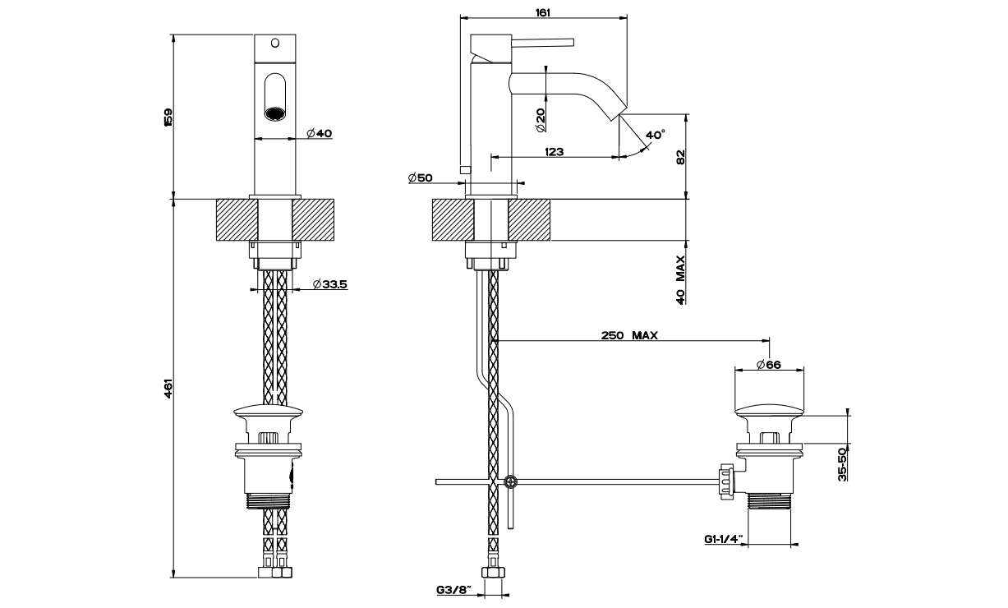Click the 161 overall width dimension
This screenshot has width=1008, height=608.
pos(542,12)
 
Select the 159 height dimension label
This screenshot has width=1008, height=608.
pos(168,117)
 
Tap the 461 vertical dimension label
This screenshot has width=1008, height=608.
pos(168,387)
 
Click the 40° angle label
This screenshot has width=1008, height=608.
pos(656,133)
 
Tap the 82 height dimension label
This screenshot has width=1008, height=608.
pos(680,156)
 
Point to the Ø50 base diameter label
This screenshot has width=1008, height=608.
pos(420,177)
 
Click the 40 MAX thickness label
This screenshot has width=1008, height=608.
pos(680,280)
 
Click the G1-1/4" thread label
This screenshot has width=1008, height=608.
pos(724,539)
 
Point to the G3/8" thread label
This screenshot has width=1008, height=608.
pos(453,589)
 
